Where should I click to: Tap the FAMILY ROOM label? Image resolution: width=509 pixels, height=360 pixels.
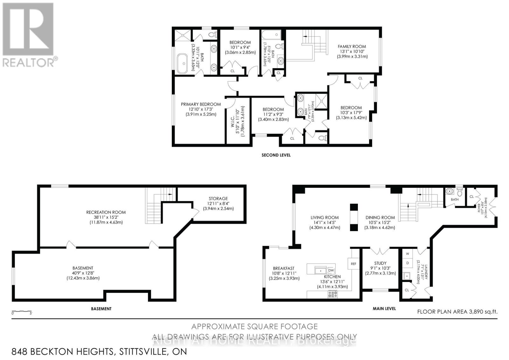[x=352, y=46]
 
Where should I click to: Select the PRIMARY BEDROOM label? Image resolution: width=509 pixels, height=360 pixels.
[x=201, y=104]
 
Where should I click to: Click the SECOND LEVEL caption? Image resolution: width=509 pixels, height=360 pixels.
[x=276, y=155]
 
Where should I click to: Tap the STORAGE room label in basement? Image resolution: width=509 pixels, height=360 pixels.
[x=218, y=199]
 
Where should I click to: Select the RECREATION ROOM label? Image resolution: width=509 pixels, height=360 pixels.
[x=106, y=212]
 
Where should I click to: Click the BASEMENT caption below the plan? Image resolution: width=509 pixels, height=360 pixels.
[x=101, y=309]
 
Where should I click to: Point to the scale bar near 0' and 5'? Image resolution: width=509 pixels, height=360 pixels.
[x=22, y=311]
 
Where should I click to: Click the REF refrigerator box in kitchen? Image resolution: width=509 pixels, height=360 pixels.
[x=353, y=264]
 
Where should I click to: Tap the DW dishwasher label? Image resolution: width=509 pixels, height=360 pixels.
[x=331, y=271]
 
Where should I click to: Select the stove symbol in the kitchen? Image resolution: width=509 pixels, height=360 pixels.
[x=332, y=294]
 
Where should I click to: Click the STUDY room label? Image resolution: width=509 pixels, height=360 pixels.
[x=380, y=263]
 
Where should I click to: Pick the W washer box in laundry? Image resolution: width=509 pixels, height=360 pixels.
[x=408, y=254]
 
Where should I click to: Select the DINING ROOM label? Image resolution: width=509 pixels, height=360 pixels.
[x=380, y=218]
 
